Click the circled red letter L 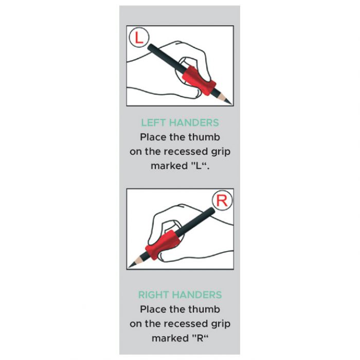click(x=139, y=38)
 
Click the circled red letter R click(x=222, y=201)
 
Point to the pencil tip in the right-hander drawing click(x=129, y=267)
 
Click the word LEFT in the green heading click(x=152, y=123)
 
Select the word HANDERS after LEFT click(x=193, y=123)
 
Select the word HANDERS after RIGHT click(x=197, y=295)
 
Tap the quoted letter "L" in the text click(x=199, y=166)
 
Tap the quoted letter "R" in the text click(x=200, y=338)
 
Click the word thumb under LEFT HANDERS click(x=204, y=137)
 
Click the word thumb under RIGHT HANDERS click(x=204, y=310)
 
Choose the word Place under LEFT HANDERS click(x=153, y=137)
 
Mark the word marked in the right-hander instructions click(x=170, y=338)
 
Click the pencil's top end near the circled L click(x=150, y=47)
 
